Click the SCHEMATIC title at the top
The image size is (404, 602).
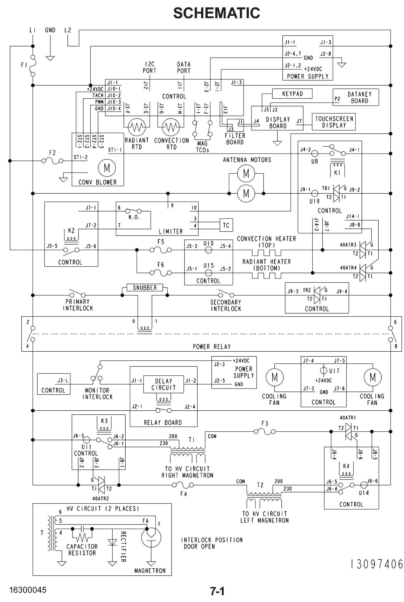pyautogui.click(x=216, y=13)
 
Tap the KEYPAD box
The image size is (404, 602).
pyautogui.click(x=292, y=94)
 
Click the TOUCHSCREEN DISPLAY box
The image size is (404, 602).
pyautogui.click(x=334, y=122)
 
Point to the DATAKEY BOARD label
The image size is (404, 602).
pyautogui.click(x=359, y=97)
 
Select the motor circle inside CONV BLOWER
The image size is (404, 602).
pyautogui.click(x=107, y=168)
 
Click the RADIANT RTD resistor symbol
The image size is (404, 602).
pyautogui.click(x=137, y=127)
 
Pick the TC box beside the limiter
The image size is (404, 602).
pyautogui.click(x=226, y=225)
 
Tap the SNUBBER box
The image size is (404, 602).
pyautogui.click(x=144, y=288)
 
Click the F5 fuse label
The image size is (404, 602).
pyautogui.click(x=161, y=242)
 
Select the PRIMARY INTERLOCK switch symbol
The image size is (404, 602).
pyautogui.click(x=77, y=294)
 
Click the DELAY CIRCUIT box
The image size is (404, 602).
pyautogui.click(x=164, y=384)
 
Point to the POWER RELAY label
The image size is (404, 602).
pyautogui.click(x=212, y=347)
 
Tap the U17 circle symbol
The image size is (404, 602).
pyautogui.click(x=324, y=370)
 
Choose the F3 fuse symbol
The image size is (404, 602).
pyautogui.click(x=264, y=431)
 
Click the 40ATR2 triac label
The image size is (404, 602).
pyautogui.click(x=101, y=499)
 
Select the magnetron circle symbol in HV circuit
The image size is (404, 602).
pyautogui.click(x=151, y=538)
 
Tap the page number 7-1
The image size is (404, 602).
pyautogui.click(x=217, y=591)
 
